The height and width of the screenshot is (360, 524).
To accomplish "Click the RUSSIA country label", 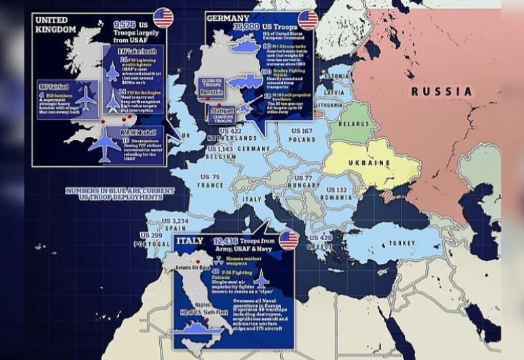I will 441,92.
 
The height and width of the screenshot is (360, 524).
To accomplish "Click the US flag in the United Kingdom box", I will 163,18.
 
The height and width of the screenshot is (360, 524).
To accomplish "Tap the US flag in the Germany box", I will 307,20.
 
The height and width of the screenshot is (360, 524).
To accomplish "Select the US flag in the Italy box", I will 289,240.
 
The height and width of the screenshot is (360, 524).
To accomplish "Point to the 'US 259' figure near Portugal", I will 151,235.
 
